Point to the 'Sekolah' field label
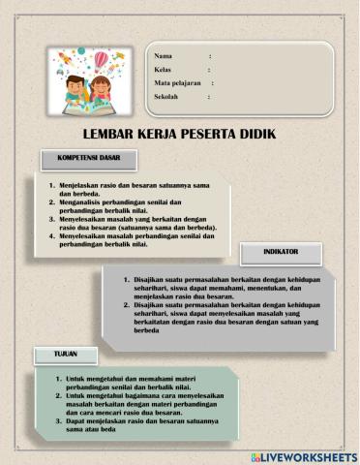click(x=167, y=98)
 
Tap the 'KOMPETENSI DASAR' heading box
click(x=88, y=158)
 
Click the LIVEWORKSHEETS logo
click(x=303, y=455)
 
